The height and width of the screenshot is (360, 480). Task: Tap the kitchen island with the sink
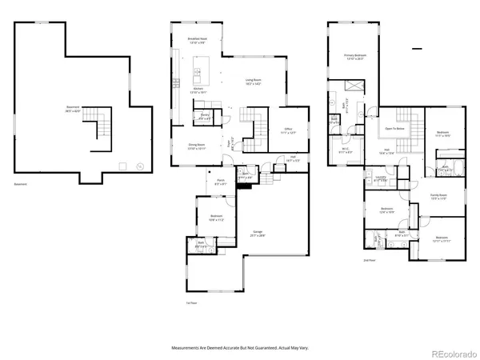[x=196, y=77]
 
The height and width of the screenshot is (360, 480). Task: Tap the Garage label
[x=258, y=233]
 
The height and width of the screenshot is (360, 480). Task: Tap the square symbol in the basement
[x=122, y=166]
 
